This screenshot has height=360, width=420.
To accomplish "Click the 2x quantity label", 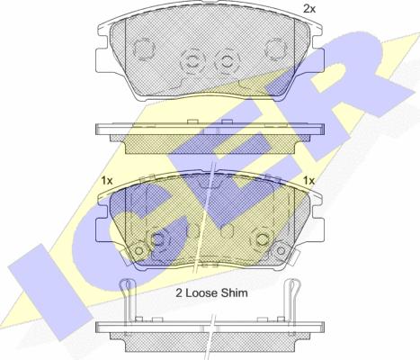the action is coord(309,9).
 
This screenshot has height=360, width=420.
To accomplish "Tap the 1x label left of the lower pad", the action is coord(107,181).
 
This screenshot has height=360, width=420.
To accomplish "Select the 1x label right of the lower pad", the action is coord(308,181).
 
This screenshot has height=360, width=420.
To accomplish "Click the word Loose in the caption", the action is coord(201,292).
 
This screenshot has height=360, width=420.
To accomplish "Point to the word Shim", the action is coord(235,292).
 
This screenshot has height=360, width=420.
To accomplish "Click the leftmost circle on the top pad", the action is coord(144,49).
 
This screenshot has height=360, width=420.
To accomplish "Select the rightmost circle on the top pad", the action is coord(276,49).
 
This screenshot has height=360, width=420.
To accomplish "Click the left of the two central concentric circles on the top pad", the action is coord(192,62).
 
